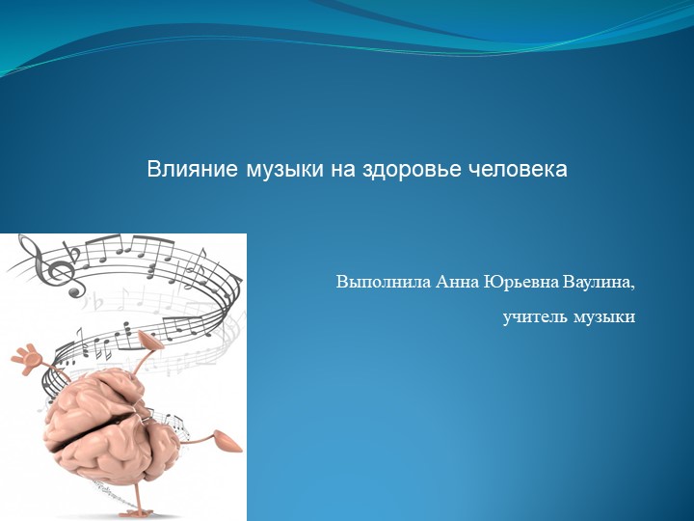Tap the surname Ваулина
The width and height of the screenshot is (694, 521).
tap(600, 283)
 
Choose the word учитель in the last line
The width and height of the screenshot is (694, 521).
tap(535, 316)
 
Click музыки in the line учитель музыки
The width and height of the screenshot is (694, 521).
tap(604, 316)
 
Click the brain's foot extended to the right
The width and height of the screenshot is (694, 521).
tap(229, 441)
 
